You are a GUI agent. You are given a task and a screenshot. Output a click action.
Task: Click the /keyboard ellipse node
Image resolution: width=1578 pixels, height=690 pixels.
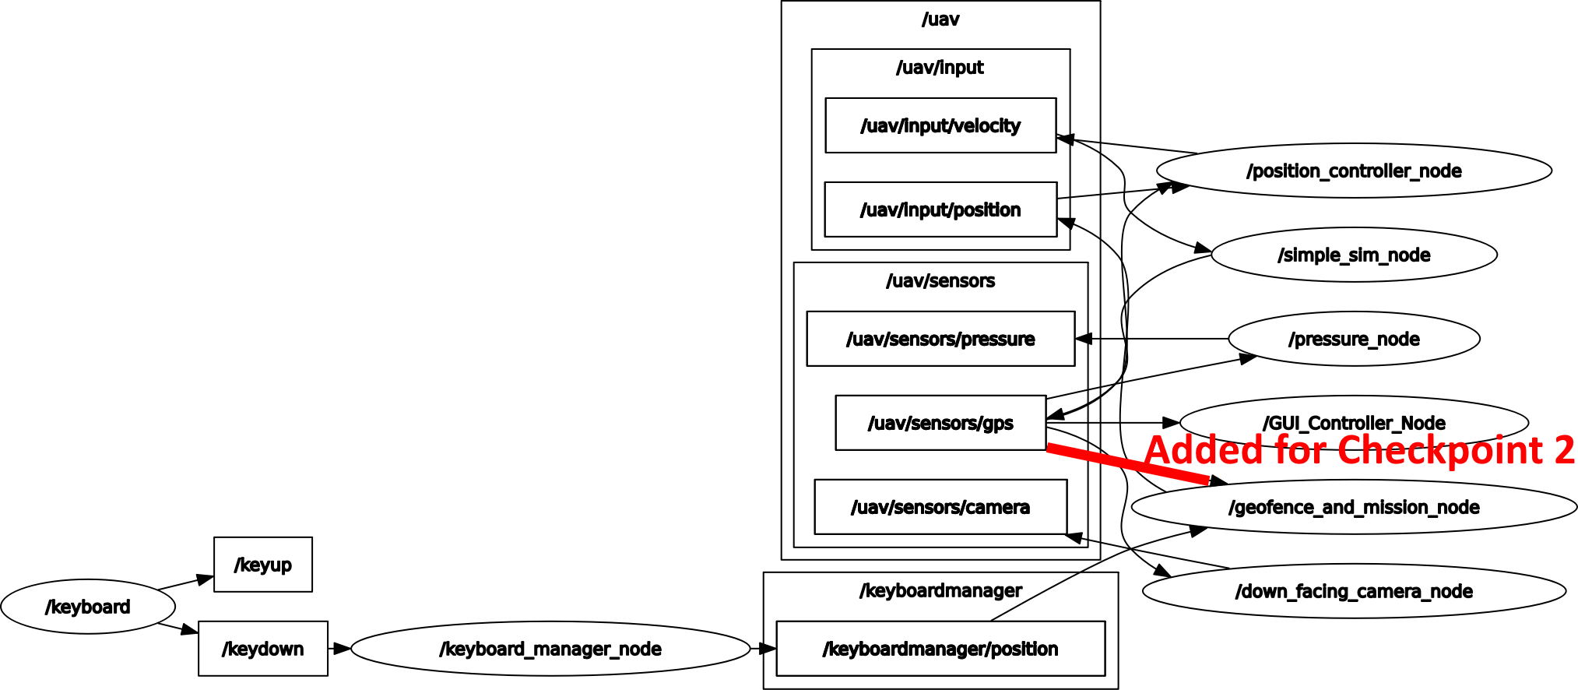[x=88, y=607]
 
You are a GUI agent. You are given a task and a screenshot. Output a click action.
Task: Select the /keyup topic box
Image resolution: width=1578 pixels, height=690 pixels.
[x=263, y=565]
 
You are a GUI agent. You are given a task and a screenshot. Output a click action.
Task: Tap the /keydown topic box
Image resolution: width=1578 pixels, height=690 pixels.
[x=263, y=649]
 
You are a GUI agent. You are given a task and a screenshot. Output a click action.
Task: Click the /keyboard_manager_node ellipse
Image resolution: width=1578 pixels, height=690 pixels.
[x=550, y=649]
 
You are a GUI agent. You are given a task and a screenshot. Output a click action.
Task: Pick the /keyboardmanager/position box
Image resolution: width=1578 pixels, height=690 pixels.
[x=940, y=649]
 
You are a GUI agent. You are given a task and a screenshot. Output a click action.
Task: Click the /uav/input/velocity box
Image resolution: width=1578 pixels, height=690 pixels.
[x=940, y=125]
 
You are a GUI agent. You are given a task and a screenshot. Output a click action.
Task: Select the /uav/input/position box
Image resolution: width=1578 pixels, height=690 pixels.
[x=940, y=209]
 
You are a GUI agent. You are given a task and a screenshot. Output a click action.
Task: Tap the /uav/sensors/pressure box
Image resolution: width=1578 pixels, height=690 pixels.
[x=940, y=339]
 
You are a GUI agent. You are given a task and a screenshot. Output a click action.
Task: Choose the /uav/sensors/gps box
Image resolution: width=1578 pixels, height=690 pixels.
[x=940, y=423]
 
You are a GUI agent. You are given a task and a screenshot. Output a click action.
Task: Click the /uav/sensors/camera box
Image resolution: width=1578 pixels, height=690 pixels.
[x=940, y=507]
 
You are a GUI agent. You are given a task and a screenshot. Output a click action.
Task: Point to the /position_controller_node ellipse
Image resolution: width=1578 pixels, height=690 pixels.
[x=1354, y=171]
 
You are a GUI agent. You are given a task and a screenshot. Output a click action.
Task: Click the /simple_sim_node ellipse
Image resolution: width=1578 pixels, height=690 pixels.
[x=1354, y=255]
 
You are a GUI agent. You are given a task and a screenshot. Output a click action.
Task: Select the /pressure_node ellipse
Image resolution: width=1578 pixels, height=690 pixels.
[x=1354, y=339]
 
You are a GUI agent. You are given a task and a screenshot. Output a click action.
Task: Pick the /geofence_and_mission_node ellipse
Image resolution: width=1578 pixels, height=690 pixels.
[x=1354, y=508]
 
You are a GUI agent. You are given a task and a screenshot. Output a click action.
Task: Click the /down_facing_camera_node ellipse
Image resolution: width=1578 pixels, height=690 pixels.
[x=1354, y=591]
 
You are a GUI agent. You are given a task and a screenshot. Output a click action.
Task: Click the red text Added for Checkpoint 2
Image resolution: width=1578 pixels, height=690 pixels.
[x=1359, y=451]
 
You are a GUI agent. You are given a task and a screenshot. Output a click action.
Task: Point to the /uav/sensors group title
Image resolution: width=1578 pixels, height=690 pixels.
[x=940, y=281]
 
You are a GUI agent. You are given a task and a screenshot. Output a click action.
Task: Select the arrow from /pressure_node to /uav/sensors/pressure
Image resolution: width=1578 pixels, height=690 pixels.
[x=1152, y=339]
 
